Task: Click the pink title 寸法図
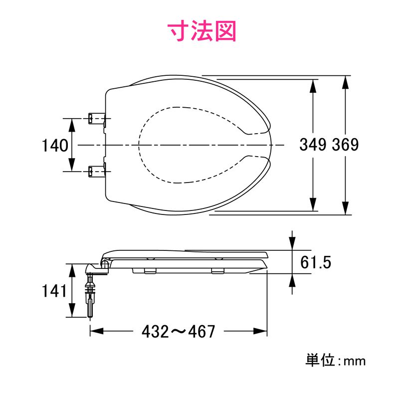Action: [x=201, y=31]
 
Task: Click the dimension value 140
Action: [x=54, y=146]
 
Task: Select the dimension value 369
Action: [x=346, y=145]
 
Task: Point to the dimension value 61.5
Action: [x=316, y=262]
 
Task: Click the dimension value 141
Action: [x=54, y=291]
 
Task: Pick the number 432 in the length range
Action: [x=154, y=331]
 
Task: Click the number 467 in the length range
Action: [x=202, y=331]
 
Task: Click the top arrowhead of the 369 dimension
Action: [x=346, y=80]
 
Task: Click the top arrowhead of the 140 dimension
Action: [x=71, y=123]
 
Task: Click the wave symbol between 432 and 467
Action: [x=178, y=331]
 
